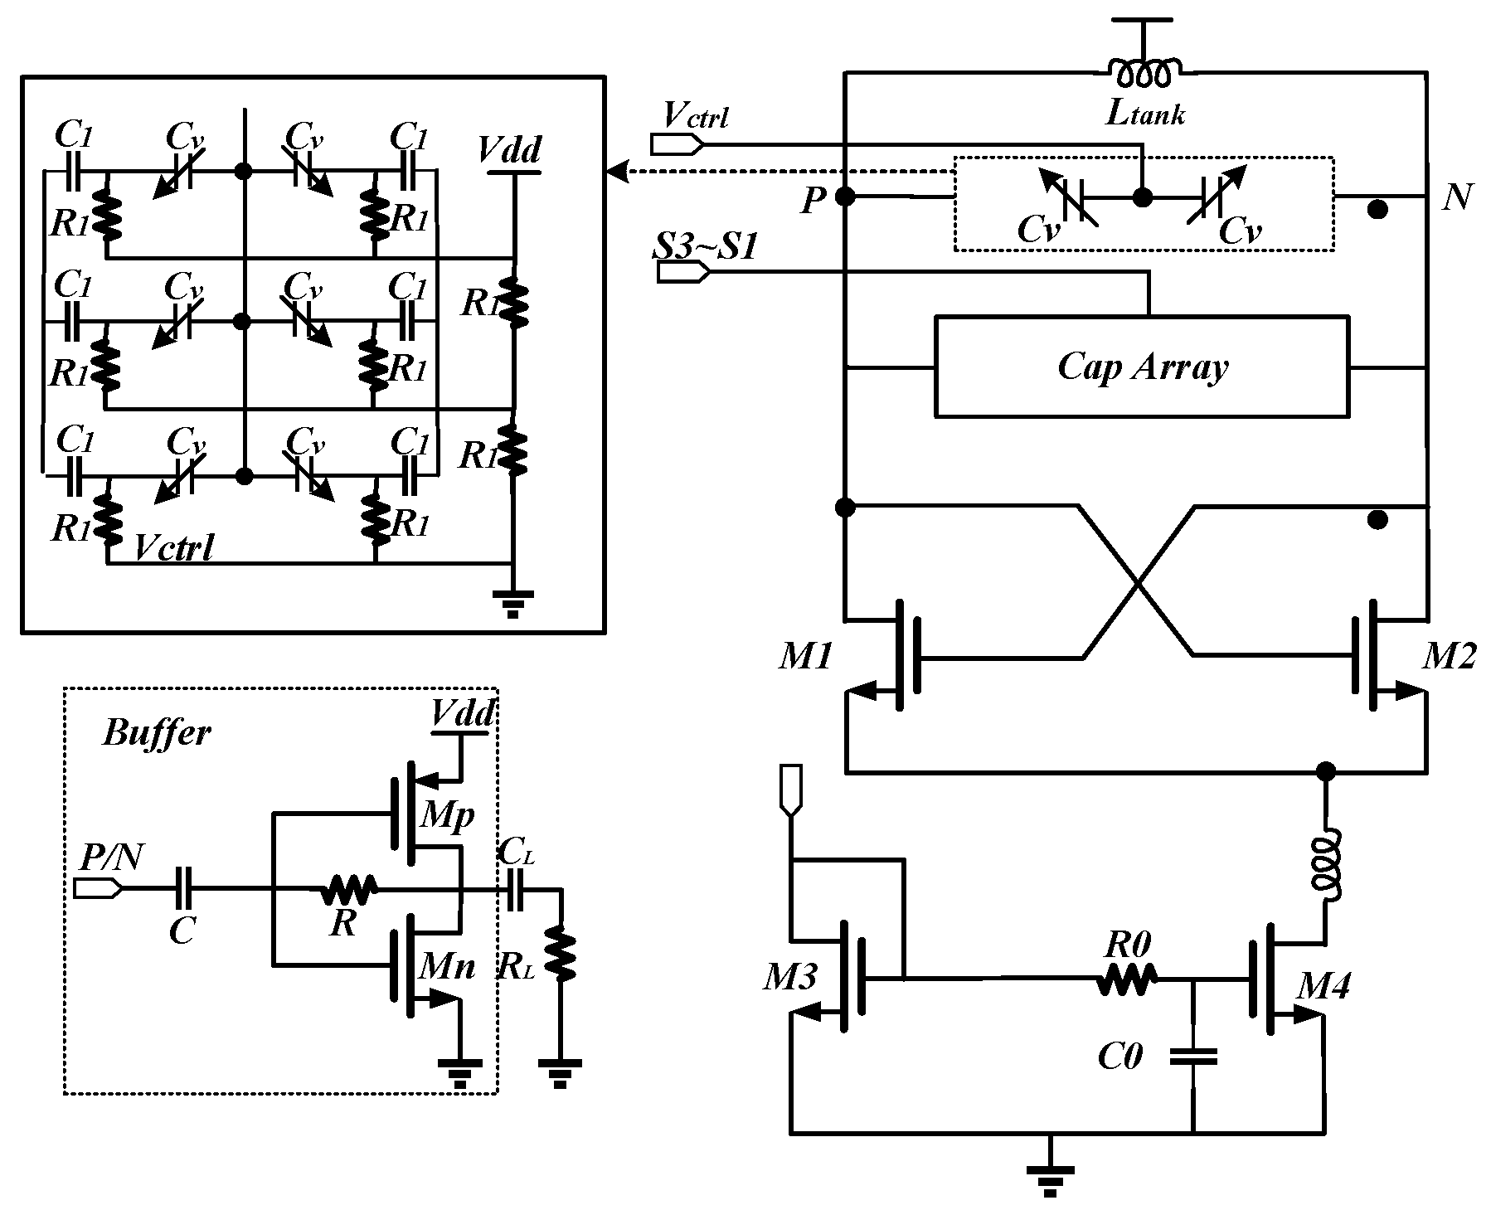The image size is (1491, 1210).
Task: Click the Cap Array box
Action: coord(1141,366)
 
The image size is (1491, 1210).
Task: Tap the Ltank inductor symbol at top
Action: coord(1144,74)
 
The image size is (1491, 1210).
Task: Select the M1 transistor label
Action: coord(804,658)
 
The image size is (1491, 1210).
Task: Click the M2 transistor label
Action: coord(1449,657)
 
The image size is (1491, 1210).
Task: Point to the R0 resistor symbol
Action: coord(1125,980)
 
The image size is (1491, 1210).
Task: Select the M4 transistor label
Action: coord(1323,986)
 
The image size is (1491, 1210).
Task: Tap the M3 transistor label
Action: coord(791,979)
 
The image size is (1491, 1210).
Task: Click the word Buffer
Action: coord(156,733)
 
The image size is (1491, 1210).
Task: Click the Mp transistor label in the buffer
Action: coord(447,816)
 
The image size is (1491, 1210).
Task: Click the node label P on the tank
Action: coord(813,202)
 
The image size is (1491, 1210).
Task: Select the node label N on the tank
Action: coord(1456,197)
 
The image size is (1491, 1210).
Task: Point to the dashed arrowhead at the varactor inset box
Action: coord(616,173)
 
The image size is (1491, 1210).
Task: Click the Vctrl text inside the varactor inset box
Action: coord(174,547)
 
